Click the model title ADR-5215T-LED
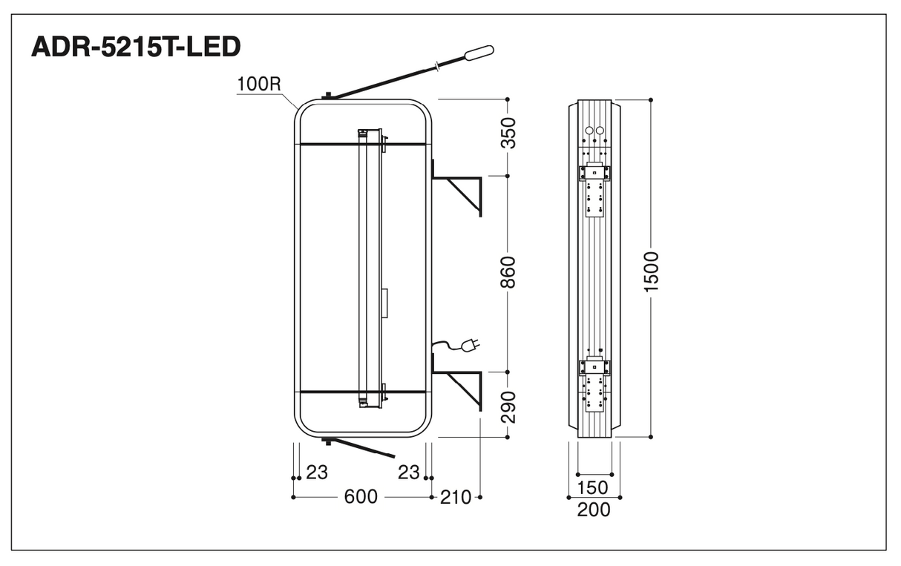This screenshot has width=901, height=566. point(136,47)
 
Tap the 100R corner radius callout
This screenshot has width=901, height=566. point(259,84)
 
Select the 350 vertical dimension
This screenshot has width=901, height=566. point(508,133)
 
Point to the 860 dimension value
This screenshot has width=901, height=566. point(508,272)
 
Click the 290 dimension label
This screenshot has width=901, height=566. point(508,407)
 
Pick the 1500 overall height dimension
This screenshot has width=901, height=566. point(651,272)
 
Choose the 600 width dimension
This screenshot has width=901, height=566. point(361,497)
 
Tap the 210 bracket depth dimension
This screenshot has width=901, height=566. point(456,498)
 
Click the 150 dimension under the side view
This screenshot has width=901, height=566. point(592,487)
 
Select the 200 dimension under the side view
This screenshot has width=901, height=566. point(594,510)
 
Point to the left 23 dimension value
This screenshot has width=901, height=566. point(317,473)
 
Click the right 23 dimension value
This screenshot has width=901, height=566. point(409,473)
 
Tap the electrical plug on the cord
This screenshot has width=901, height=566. point(471,345)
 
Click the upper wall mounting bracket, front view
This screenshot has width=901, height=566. point(456,188)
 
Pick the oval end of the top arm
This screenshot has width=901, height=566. point(479,53)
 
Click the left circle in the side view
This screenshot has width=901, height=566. point(589,131)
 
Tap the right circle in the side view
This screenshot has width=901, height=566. point(600,131)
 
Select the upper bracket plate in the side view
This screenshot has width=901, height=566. point(594,190)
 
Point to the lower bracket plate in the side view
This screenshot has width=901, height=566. point(594,384)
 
